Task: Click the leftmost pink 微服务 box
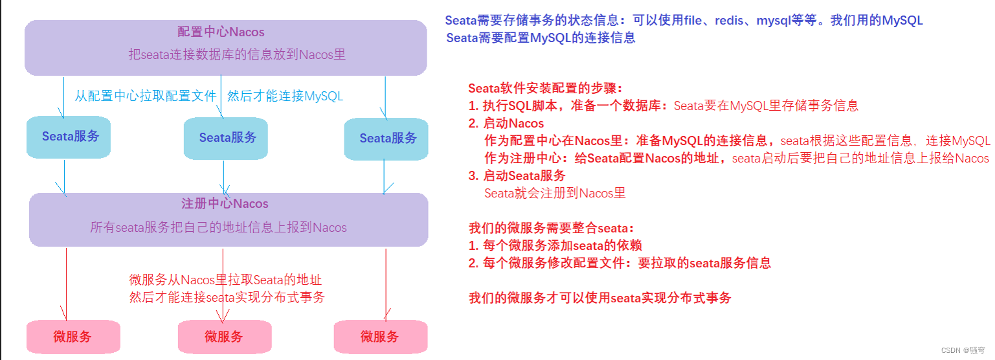click(x=73, y=337)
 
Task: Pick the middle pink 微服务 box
click(x=224, y=337)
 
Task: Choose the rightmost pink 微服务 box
click(x=380, y=337)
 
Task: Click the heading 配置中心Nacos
click(x=221, y=32)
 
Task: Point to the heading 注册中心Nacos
click(x=225, y=204)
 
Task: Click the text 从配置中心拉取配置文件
click(x=145, y=96)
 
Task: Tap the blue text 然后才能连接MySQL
click(x=285, y=96)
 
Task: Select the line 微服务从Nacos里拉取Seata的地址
click(x=226, y=280)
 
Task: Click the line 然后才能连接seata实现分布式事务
click(x=227, y=297)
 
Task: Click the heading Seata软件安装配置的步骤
click(x=546, y=89)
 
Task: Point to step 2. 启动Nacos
click(x=506, y=123)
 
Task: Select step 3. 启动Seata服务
click(x=517, y=175)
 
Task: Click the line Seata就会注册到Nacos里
click(x=555, y=193)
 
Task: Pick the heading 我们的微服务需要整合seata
click(x=552, y=228)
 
